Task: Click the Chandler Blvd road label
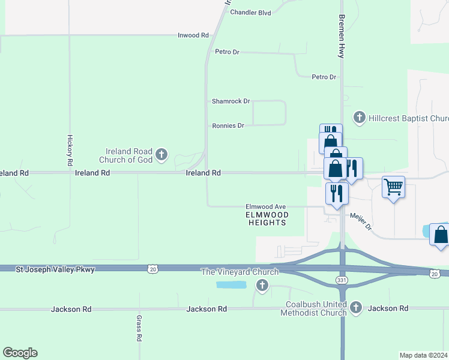point(251,12)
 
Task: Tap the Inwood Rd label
point(193,35)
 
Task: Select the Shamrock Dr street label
point(231,101)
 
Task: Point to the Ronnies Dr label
point(228,126)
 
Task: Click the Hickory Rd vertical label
point(70,150)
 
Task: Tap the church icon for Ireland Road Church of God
point(161,155)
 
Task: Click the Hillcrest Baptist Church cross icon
point(360,118)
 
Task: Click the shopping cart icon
point(393,187)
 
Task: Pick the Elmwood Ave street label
point(265,206)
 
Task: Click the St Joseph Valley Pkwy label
point(55,270)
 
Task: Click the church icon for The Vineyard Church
point(262,286)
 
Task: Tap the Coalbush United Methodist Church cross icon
point(356,308)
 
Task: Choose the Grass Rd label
point(139,328)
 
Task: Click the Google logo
point(20,353)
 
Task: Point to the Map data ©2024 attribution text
point(424,355)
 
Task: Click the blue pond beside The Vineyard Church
point(231,284)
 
